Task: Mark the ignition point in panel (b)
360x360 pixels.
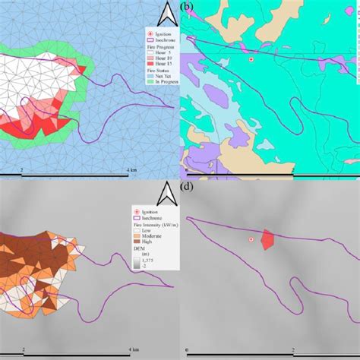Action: (x=251, y=59)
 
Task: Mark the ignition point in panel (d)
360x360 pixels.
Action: (x=251, y=240)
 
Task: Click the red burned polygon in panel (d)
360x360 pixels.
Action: (x=267, y=239)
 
